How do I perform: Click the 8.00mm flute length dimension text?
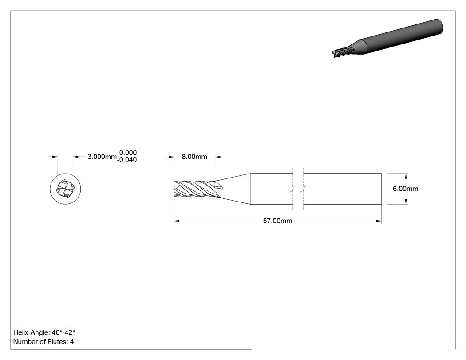[x=194, y=157]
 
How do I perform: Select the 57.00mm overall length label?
[x=277, y=221]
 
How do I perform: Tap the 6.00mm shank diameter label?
[x=405, y=189]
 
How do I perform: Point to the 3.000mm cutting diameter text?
[x=102, y=157]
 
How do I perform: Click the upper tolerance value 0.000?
[x=128, y=153]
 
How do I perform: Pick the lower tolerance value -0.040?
[x=127, y=160]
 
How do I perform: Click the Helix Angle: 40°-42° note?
[x=44, y=332]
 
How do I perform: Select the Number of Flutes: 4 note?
[x=43, y=342]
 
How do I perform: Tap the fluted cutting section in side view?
[x=194, y=189]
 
